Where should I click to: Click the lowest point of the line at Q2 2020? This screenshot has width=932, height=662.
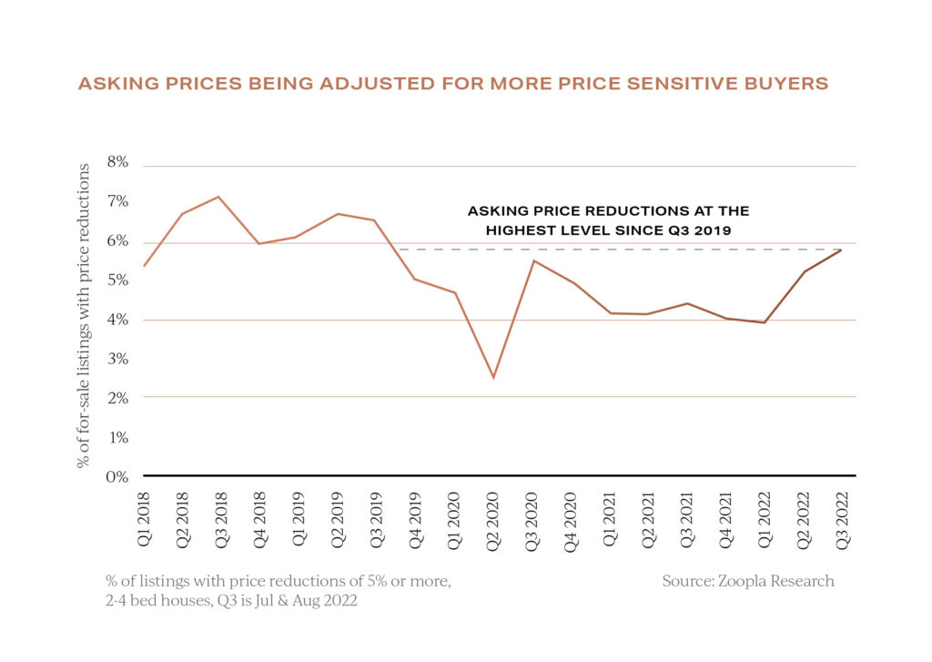point(492,378)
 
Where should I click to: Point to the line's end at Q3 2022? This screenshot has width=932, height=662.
point(839,250)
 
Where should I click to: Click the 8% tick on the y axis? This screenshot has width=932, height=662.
point(118,163)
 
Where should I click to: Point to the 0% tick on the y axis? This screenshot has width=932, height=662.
point(118,475)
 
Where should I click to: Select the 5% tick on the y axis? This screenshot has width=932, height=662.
point(118,280)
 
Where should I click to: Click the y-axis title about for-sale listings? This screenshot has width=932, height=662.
point(85,316)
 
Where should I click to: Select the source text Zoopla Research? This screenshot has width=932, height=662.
point(748,581)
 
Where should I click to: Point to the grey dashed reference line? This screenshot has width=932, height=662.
point(619,250)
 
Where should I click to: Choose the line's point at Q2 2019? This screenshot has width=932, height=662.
point(338,214)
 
